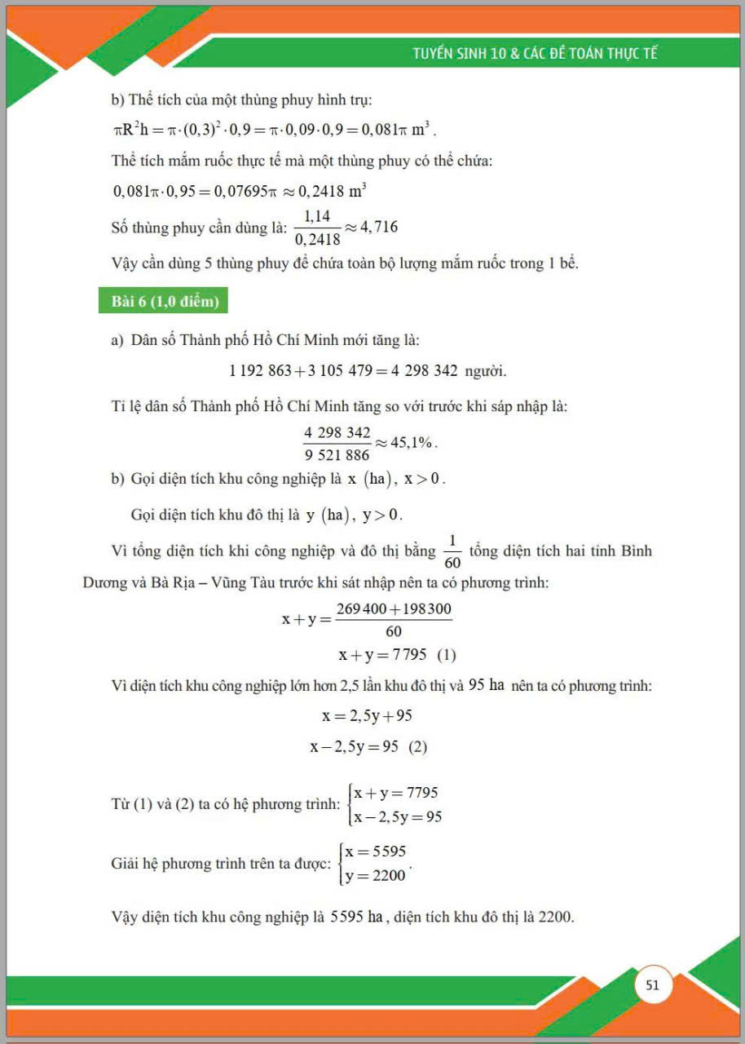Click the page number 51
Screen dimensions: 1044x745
(652, 984)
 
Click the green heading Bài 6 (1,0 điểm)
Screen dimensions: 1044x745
(165, 302)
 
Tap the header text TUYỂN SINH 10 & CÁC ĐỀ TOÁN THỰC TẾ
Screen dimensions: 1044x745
(535, 54)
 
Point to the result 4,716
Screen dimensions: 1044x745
(374, 227)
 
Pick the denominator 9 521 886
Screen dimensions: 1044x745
(337, 455)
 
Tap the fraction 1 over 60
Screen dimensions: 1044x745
(452, 551)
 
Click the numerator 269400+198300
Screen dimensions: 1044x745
(394, 609)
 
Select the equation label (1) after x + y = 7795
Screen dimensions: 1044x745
(447, 655)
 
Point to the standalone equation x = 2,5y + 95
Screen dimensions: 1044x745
(367, 716)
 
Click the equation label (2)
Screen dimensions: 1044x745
(417, 746)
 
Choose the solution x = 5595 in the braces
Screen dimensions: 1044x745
(375, 852)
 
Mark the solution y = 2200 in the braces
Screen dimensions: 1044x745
(375, 876)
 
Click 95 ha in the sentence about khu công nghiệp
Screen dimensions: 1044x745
(487, 685)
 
